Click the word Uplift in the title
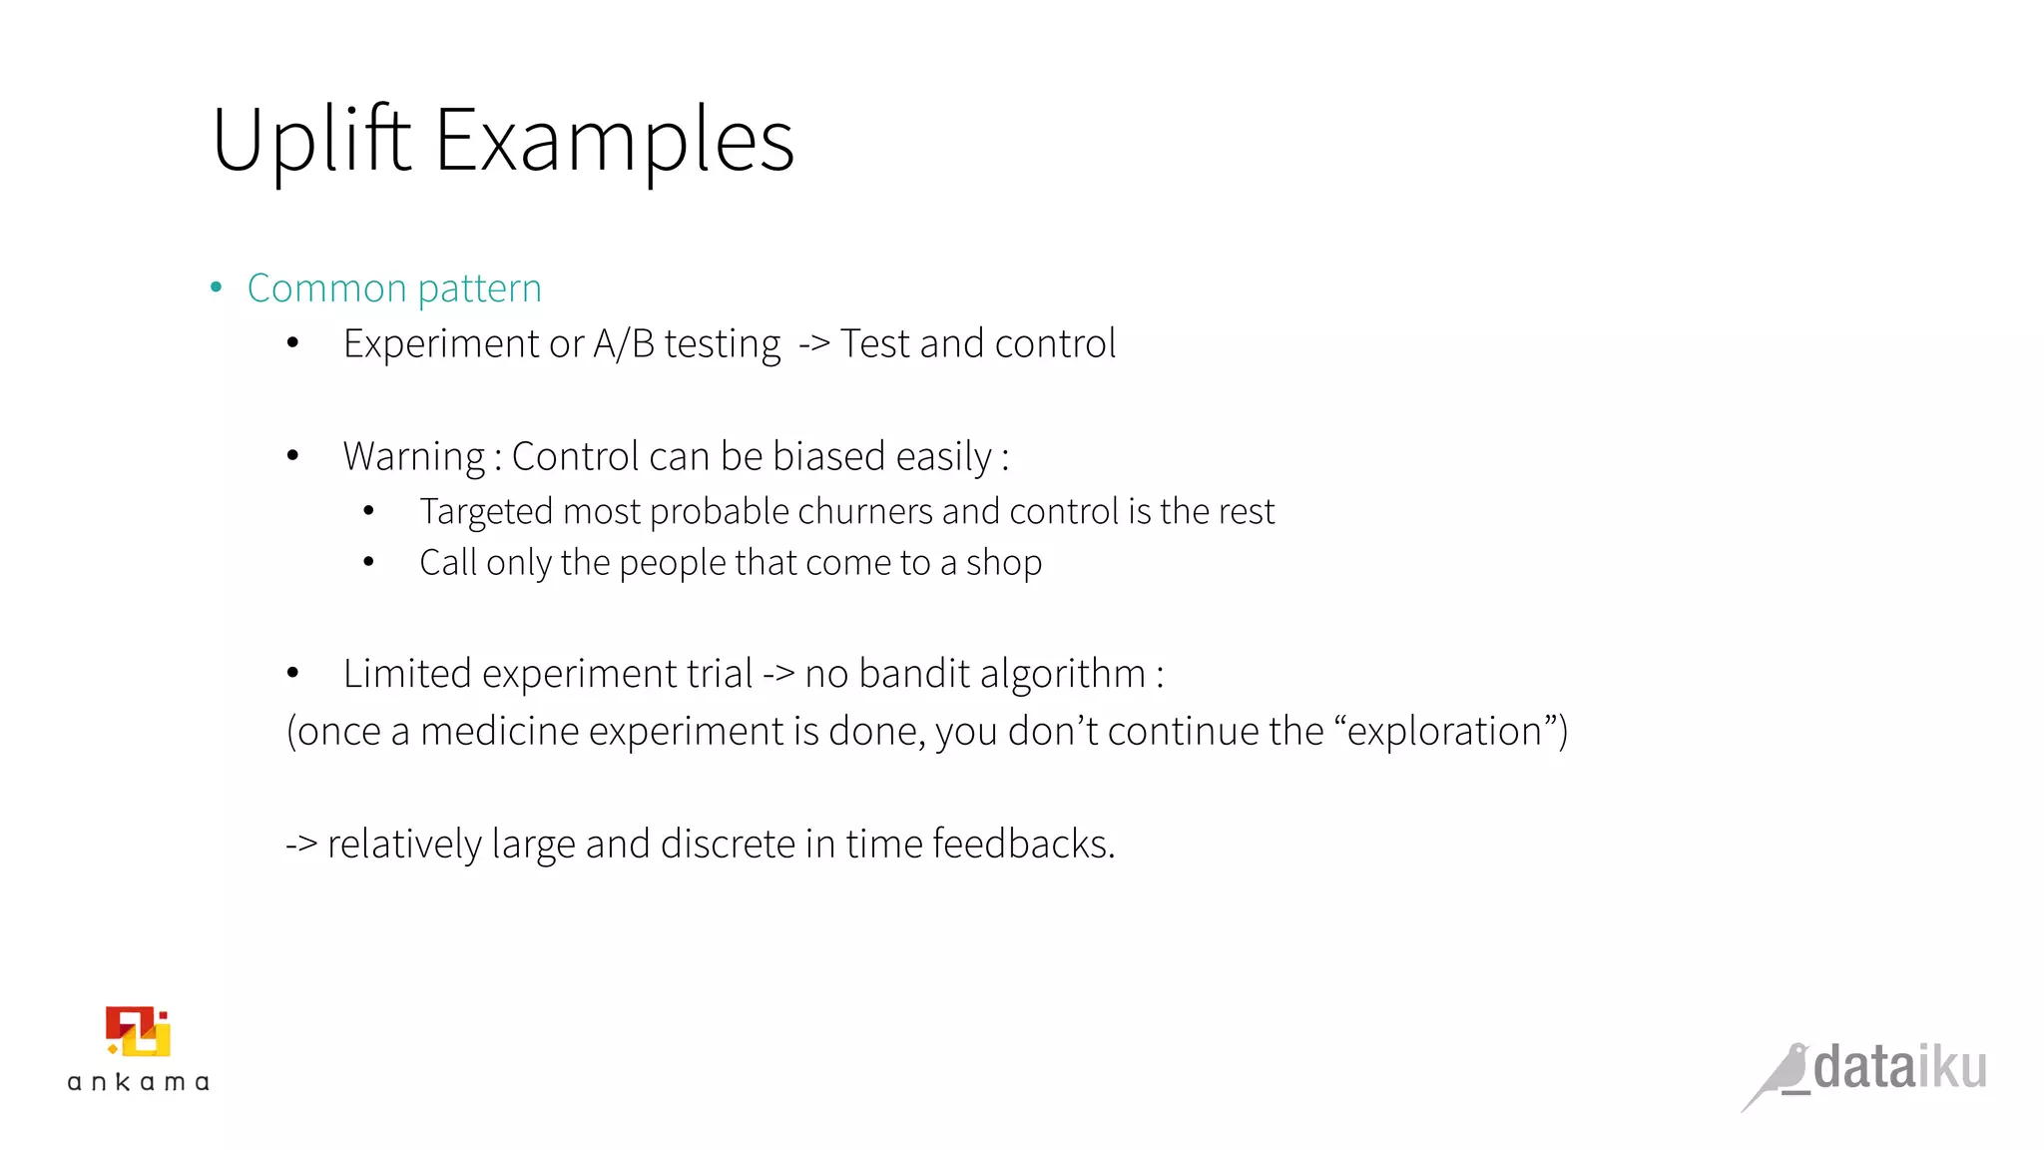tap(310, 140)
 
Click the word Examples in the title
tap(614, 140)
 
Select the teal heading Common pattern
tap(394, 288)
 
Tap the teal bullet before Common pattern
tap(217, 288)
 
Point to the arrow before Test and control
tap(814, 343)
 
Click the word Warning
tap(413, 457)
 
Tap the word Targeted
tap(486, 512)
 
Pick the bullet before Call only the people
tap(368, 563)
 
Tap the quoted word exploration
tap(1444, 732)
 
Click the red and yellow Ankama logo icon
tap(139, 1031)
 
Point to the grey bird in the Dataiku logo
tap(1779, 1076)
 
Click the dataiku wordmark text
tap(1899, 1067)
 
